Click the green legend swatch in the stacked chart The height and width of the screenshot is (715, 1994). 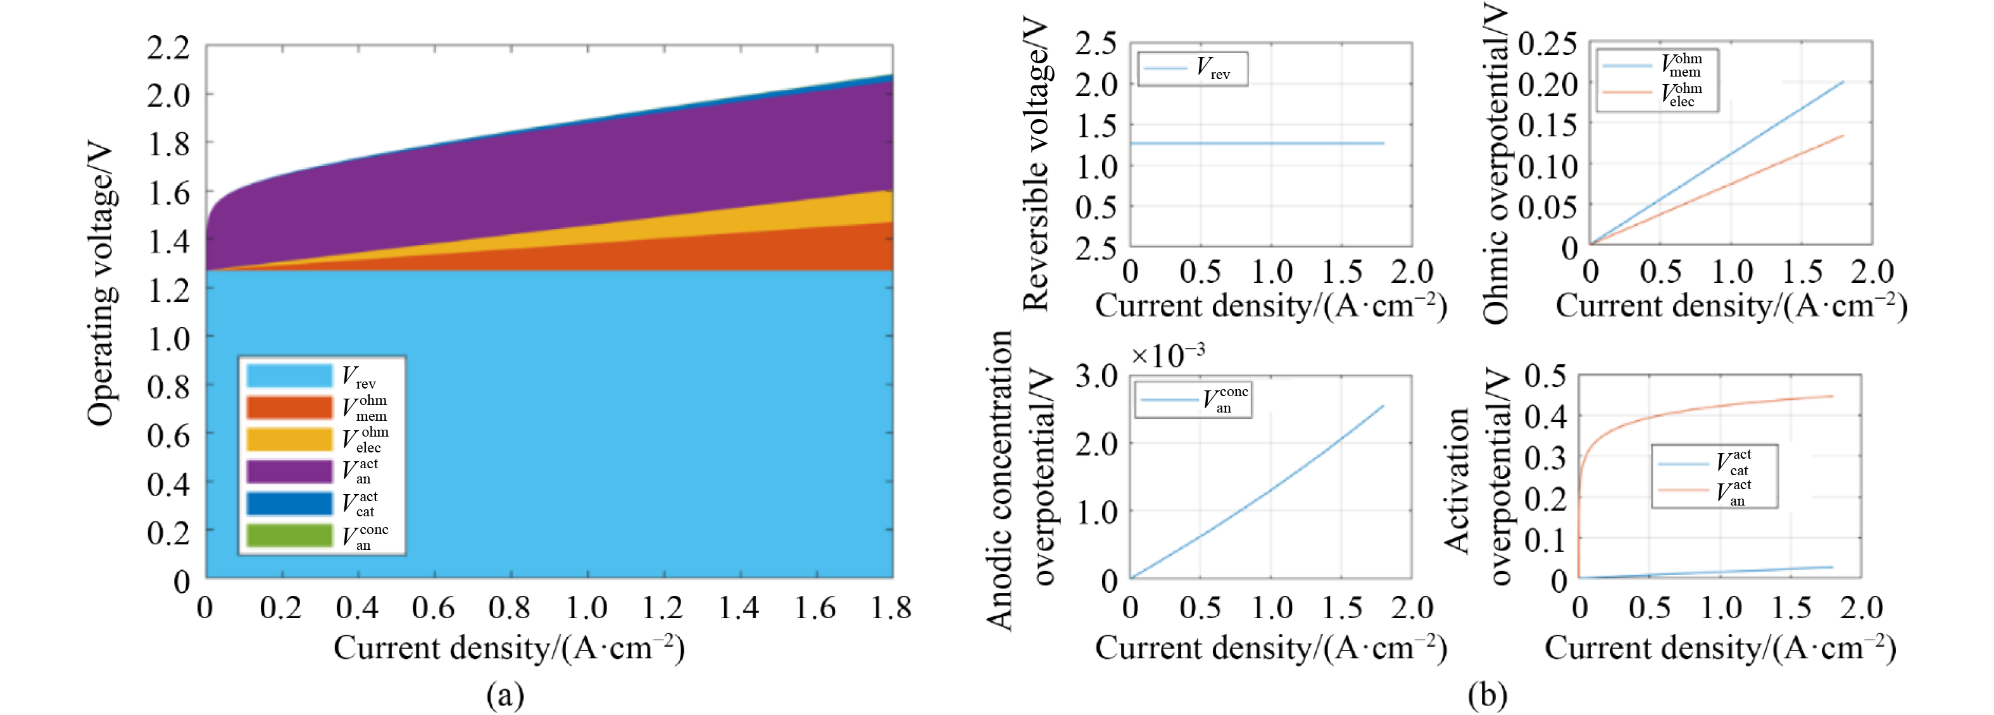click(x=289, y=535)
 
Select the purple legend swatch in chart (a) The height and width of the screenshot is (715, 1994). click(x=289, y=471)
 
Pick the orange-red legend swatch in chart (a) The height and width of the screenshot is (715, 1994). click(x=289, y=407)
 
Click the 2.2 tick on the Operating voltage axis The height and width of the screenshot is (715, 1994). click(x=169, y=48)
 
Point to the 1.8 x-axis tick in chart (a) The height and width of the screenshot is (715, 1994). click(x=891, y=608)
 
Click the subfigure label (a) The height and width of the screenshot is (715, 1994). click(x=505, y=695)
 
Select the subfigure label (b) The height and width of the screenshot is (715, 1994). click(x=1487, y=695)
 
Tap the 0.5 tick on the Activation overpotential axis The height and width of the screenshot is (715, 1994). click(x=1545, y=376)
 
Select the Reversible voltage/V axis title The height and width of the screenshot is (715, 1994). click(x=1035, y=166)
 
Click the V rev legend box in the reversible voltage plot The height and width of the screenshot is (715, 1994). click(x=1193, y=69)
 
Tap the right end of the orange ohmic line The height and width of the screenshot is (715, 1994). click(x=1843, y=136)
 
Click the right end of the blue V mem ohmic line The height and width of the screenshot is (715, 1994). click(x=1843, y=82)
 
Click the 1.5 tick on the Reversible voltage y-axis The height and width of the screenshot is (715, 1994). click(x=1096, y=125)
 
